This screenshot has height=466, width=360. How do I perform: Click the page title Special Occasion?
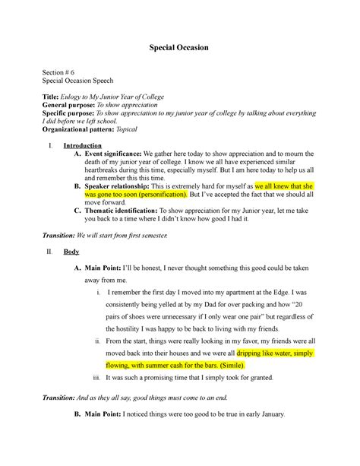[x=179, y=48]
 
